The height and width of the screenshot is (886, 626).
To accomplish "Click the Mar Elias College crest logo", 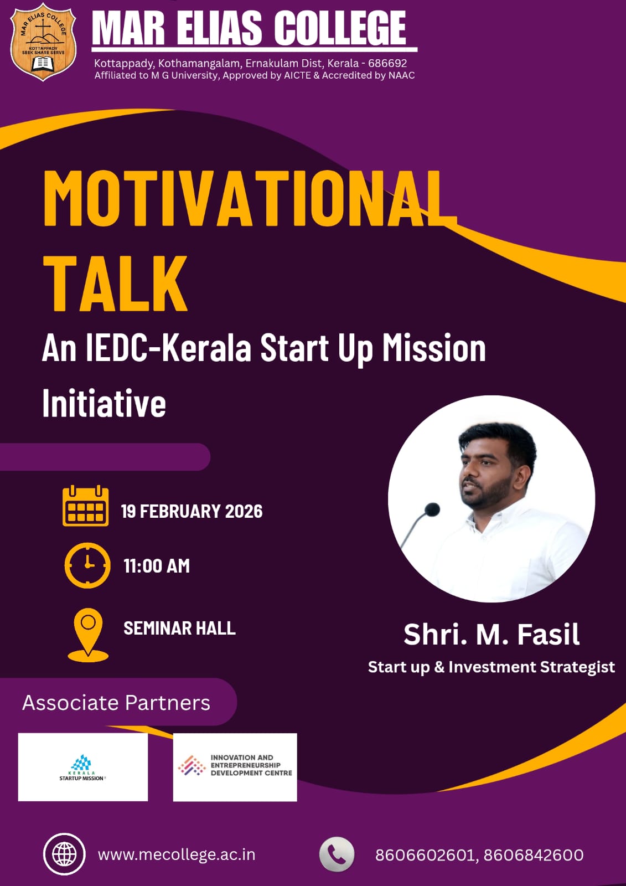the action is tap(43, 42).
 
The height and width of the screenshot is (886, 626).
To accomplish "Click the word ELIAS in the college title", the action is tap(219, 28).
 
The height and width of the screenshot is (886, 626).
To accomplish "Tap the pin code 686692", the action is tap(387, 63).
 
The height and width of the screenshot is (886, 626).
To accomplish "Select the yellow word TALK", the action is tap(115, 283).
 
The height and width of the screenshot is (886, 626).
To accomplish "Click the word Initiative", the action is tap(104, 403).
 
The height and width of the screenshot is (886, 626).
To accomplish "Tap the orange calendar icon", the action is tap(85, 506).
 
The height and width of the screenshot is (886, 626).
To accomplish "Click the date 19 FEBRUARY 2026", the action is tap(192, 512).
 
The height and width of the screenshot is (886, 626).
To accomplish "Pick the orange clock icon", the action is tap(87, 565).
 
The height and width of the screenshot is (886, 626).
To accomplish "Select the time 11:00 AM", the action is tap(157, 566).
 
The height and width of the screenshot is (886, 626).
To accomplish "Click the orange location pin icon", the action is tap(88, 635).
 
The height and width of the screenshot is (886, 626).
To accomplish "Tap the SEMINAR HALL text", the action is tap(179, 628).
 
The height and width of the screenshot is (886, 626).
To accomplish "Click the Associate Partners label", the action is tap(116, 703).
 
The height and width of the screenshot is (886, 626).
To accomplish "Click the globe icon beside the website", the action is tap(64, 854).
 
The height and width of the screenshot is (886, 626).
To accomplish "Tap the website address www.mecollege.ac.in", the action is tap(177, 855).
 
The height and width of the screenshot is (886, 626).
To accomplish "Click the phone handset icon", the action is tap(337, 854).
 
